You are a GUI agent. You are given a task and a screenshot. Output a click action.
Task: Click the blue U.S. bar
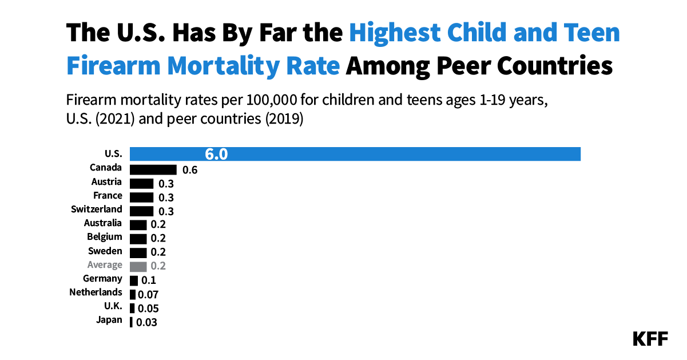click(355, 154)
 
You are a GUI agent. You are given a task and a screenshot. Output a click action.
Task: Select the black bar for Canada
click(153, 169)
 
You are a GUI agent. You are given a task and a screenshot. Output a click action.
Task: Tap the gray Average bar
click(138, 266)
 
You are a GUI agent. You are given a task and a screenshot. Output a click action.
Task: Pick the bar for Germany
click(134, 280)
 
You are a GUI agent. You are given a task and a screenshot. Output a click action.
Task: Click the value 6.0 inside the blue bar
click(216, 155)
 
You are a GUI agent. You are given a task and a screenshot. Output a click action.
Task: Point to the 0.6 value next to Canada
click(190, 170)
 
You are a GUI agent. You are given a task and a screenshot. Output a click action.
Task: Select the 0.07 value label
click(147, 295)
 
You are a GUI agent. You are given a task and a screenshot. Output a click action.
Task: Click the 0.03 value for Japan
click(146, 322)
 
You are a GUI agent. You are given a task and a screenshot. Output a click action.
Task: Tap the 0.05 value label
click(147, 308)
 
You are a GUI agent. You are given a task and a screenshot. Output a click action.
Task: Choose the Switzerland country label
click(97, 209)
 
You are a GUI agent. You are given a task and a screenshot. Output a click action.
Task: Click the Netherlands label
click(96, 292)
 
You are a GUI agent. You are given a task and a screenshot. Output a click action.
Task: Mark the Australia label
click(102, 223)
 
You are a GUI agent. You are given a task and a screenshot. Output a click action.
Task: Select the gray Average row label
click(105, 264)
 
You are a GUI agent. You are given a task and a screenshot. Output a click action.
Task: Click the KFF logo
click(650, 339)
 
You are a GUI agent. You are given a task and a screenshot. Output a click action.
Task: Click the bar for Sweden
click(138, 252)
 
